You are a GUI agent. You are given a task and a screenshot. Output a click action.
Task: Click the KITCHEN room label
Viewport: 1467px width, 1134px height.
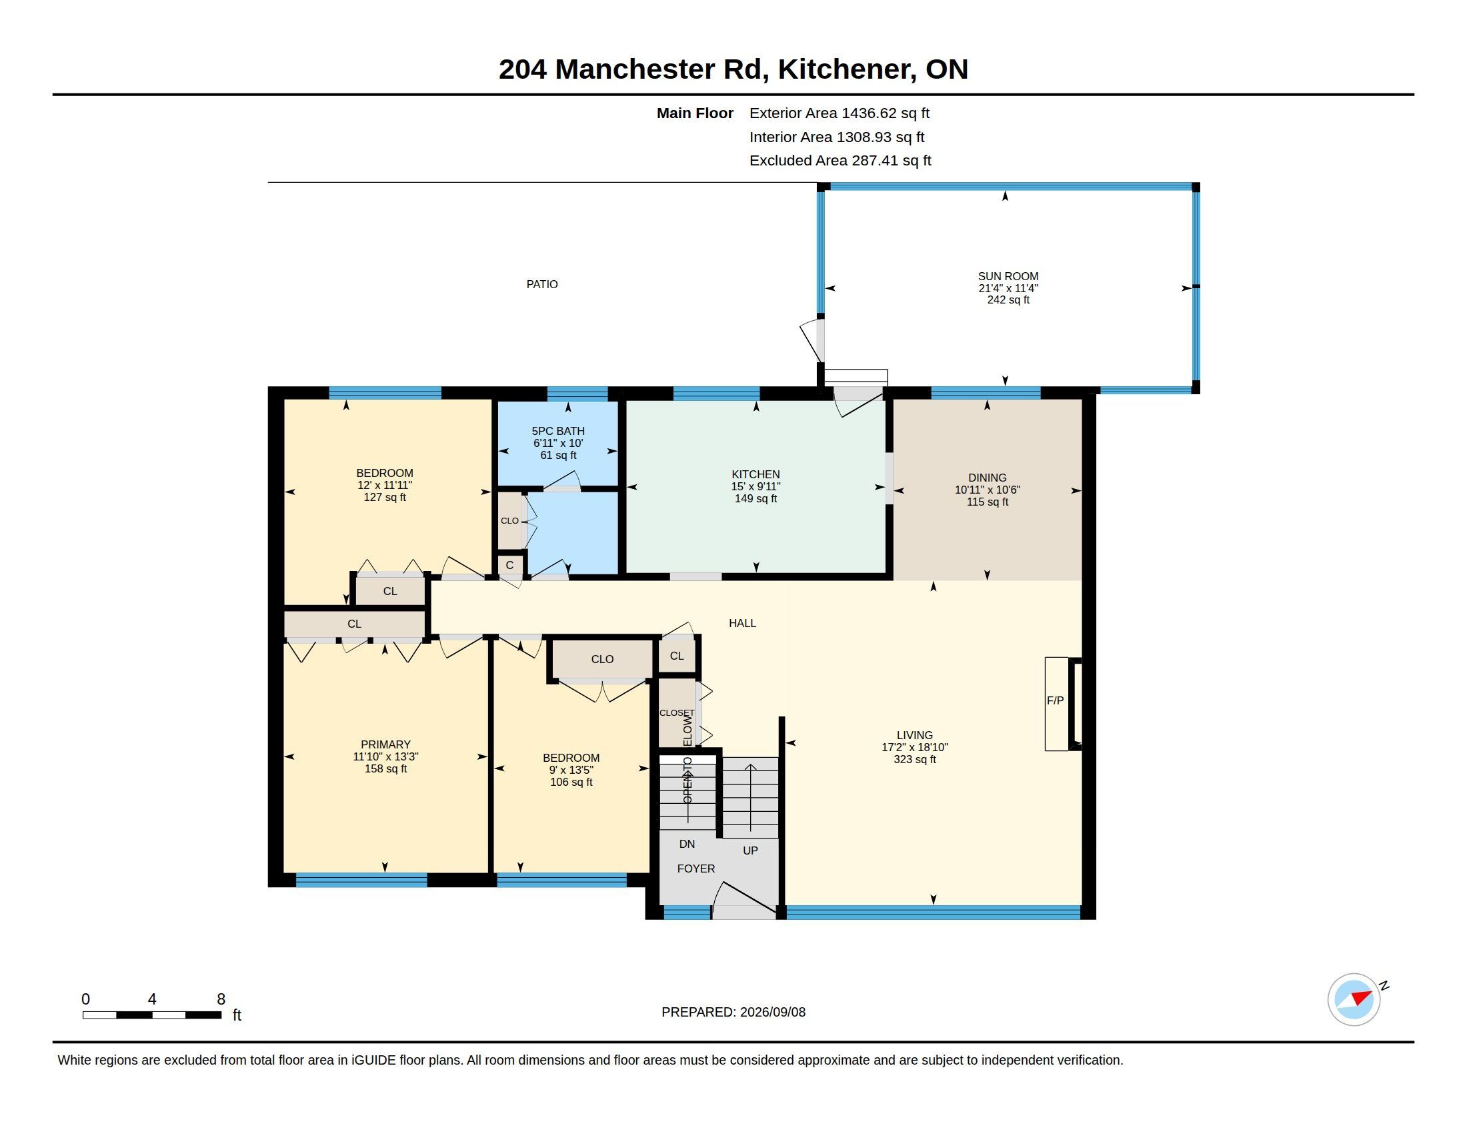pyautogui.click(x=756, y=474)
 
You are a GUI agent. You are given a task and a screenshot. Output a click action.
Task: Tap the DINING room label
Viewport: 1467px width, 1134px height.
pyautogui.click(x=987, y=478)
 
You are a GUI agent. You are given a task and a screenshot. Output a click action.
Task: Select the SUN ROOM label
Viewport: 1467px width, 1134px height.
pyautogui.click(x=1008, y=276)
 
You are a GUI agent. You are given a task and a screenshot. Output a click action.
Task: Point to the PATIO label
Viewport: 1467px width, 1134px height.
pyautogui.click(x=542, y=284)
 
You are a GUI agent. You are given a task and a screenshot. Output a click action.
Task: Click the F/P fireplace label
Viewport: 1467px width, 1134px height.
pyautogui.click(x=1055, y=700)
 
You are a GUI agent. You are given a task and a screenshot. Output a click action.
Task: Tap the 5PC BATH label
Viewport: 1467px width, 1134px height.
pyautogui.click(x=558, y=432)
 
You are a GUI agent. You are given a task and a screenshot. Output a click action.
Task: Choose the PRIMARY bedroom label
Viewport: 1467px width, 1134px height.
pyautogui.click(x=385, y=744)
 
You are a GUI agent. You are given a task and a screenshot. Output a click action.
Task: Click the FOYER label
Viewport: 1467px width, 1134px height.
pyautogui.click(x=696, y=869)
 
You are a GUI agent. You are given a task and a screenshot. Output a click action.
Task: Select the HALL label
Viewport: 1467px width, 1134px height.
pyautogui.click(x=742, y=624)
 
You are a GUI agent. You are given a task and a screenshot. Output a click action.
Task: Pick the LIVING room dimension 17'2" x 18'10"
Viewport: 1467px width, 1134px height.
pyautogui.click(x=915, y=747)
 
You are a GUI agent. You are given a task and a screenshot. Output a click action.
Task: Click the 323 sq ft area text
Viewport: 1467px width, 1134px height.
pyautogui.click(x=915, y=759)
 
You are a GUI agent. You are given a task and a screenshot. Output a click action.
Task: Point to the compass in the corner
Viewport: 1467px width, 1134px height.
pyautogui.click(x=1355, y=1000)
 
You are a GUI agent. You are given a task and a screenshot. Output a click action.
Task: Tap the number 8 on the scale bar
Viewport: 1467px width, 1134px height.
pyautogui.click(x=221, y=999)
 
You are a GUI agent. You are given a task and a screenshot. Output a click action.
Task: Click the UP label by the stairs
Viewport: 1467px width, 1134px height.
pyautogui.click(x=750, y=851)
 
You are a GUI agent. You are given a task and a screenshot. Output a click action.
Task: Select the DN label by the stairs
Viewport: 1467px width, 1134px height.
pyautogui.click(x=687, y=844)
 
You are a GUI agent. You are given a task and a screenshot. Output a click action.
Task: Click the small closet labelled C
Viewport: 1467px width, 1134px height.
pyautogui.click(x=510, y=565)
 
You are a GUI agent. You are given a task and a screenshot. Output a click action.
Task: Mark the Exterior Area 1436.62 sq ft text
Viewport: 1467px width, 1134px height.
pyautogui.click(x=840, y=113)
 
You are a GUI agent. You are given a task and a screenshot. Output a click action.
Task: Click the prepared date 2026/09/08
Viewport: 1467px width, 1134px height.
pyautogui.click(x=772, y=1012)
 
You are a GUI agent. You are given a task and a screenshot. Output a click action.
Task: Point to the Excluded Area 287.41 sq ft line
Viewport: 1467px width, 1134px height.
pyautogui.click(x=840, y=161)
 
